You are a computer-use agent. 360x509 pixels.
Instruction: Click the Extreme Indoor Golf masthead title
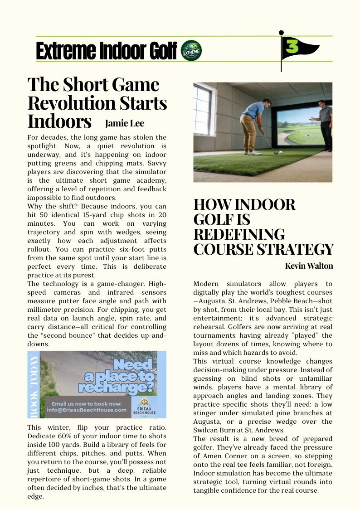106,51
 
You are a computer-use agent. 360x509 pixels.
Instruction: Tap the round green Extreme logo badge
191,50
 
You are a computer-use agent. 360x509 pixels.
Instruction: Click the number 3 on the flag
293,47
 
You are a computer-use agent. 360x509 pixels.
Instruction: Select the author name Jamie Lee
124,123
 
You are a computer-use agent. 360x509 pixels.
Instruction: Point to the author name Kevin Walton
309,266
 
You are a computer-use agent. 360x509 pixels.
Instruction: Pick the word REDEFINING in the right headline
239,234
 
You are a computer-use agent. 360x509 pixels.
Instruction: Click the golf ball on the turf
281,153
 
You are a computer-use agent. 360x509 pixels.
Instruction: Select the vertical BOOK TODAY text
34,384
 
